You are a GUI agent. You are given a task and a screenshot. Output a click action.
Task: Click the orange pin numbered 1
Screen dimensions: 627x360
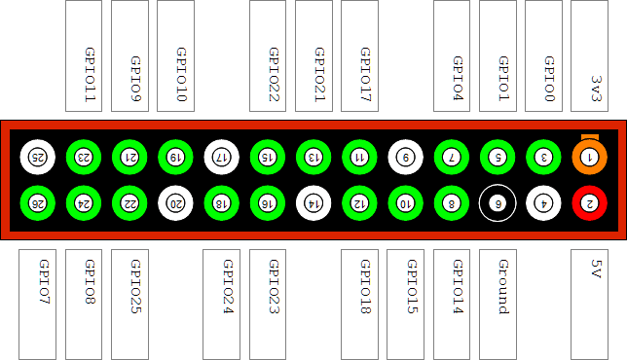(589, 157)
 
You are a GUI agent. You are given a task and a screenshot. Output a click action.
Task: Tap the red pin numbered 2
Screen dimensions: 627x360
(589, 203)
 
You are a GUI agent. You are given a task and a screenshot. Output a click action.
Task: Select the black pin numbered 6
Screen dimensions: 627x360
(498, 203)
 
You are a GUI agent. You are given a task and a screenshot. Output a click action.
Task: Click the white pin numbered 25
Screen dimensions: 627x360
(38, 157)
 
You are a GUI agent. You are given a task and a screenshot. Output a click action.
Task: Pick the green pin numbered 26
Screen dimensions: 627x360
(38, 203)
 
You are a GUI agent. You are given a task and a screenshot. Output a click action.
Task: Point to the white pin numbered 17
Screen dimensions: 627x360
(222, 157)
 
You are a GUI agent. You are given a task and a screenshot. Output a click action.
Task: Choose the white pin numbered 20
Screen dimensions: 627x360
(175, 203)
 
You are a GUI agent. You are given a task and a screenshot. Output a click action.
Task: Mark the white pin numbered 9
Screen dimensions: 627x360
(405, 157)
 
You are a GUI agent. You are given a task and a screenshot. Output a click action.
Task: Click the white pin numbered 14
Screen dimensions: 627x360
(313, 203)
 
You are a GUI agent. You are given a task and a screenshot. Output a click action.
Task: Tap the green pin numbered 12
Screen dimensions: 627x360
(359, 203)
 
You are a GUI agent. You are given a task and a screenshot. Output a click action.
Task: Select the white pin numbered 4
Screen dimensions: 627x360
(543, 203)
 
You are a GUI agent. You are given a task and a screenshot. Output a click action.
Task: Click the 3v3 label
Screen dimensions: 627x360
(596, 89)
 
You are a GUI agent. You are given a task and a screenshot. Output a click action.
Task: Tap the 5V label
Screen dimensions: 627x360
(596, 269)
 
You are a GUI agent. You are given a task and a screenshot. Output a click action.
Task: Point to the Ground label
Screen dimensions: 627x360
(503, 287)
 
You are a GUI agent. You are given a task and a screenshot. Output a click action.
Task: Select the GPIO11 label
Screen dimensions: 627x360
(90, 75)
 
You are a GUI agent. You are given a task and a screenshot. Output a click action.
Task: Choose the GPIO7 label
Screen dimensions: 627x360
(44, 282)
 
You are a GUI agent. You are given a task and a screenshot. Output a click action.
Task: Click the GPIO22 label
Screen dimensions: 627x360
(274, 75)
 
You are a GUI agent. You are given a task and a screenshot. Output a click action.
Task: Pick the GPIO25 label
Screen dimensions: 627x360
(136, 286)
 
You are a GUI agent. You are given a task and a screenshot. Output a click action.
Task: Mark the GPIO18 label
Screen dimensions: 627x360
(365, 286)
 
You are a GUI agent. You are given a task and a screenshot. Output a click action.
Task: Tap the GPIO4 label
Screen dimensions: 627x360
(458, 78)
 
